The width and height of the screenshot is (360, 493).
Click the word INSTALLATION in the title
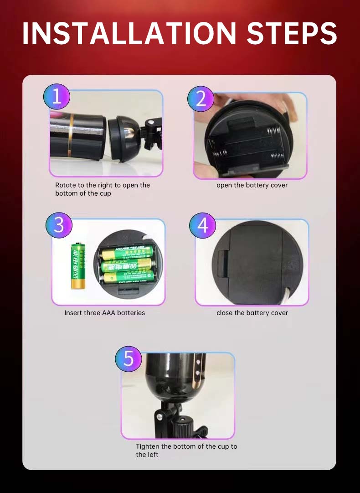tap(129, 33)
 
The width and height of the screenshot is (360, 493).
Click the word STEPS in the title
tap(292, 33)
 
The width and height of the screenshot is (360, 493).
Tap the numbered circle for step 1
tap(57, 97)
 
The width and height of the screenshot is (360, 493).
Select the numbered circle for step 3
tap(59, 225)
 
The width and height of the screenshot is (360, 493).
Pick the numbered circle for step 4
tap(203, 225)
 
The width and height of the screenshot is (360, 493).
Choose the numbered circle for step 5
tap(129, 358)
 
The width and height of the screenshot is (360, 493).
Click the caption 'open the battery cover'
tap(252, 185)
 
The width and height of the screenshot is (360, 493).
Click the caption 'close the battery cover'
tap(252, 313)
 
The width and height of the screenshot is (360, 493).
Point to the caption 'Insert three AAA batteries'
tap(104, 313)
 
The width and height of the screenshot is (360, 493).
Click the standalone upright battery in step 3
tap(78, 266)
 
